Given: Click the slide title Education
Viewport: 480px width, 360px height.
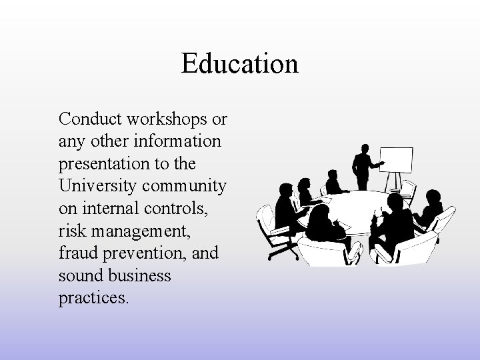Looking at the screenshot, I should [x=239, y=65].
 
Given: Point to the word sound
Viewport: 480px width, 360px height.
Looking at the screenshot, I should [x=80, y=275].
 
